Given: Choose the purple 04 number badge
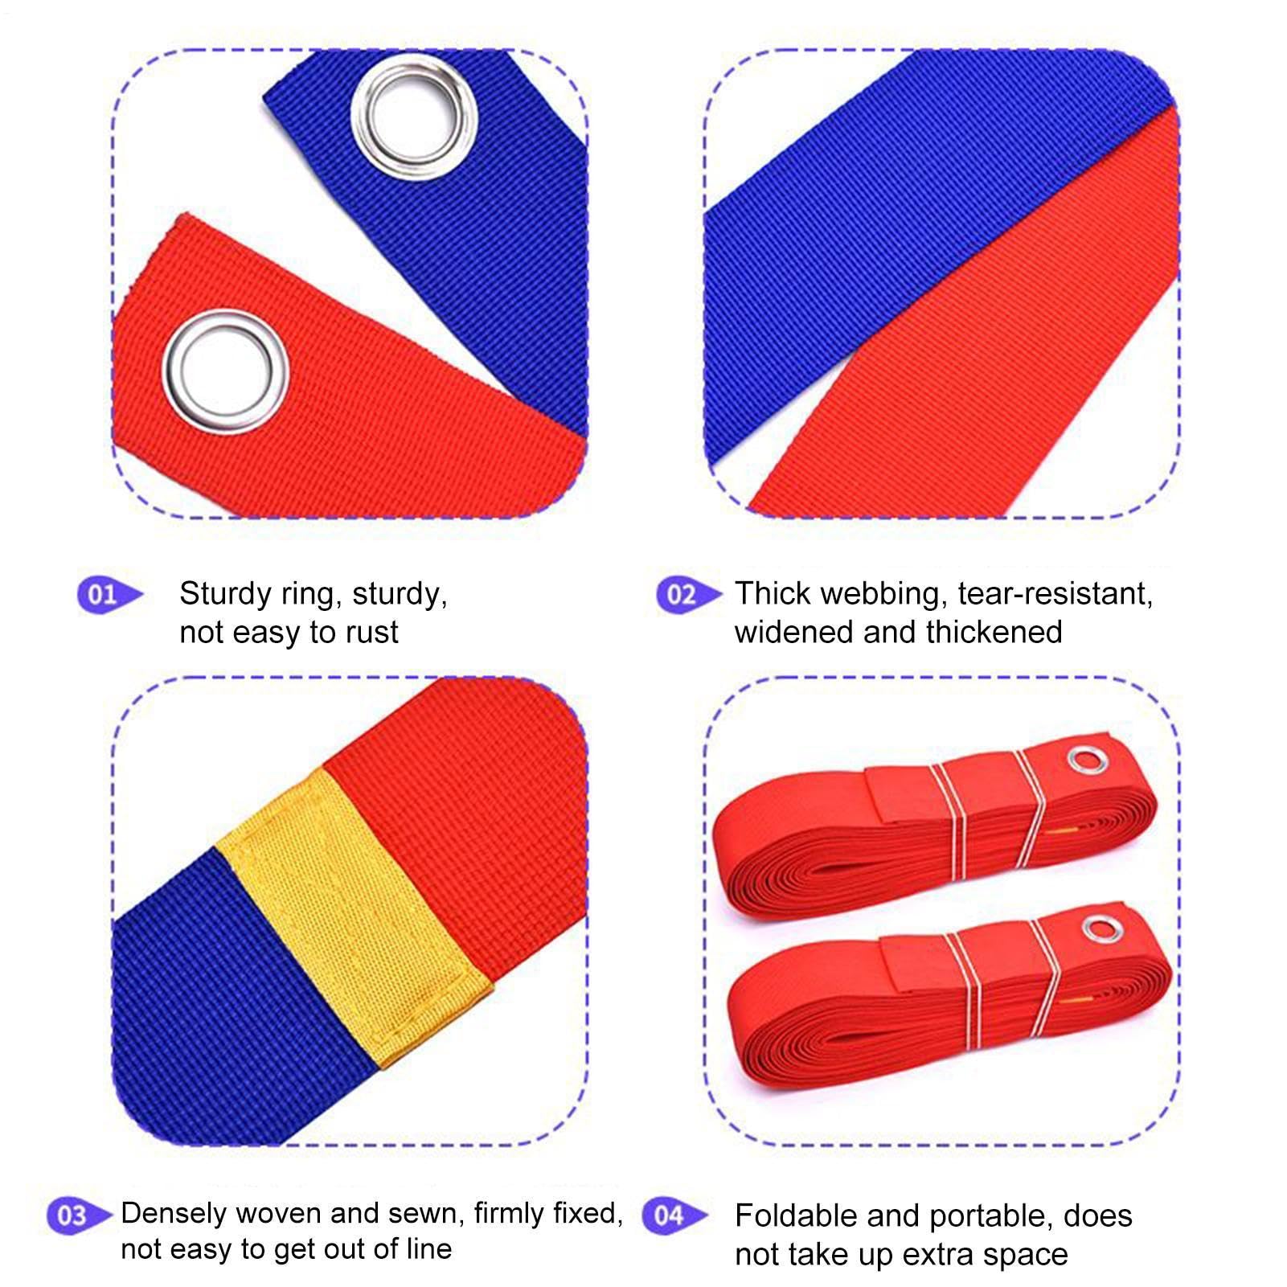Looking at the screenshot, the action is coord(675,1215).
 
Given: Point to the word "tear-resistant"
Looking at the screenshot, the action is coord(1055,595).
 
